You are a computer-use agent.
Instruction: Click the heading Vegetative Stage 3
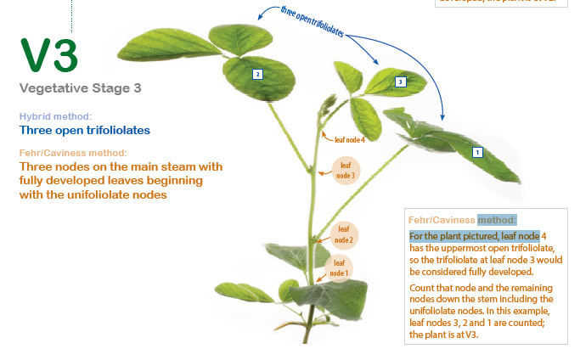80,87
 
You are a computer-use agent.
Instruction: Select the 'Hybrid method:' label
55,116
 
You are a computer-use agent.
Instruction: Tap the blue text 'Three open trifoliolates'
84,131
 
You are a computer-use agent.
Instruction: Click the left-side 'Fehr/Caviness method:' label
73,153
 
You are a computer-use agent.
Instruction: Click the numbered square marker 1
477,152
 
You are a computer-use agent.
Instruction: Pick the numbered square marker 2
257,74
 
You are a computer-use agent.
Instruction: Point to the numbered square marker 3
400,82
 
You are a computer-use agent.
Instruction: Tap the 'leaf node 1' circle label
339,268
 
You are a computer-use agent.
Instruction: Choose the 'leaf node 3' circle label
346,170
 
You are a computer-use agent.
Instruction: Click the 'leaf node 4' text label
349,139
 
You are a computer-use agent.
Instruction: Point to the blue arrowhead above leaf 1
440,116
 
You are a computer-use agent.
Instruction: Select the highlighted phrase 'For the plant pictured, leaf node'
474,235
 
